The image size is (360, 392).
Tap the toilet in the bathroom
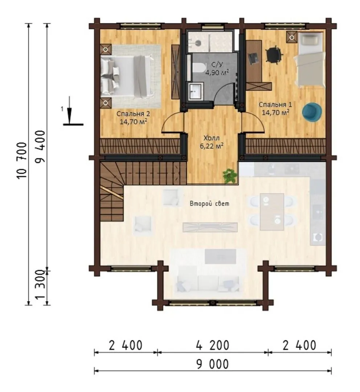[199, 68]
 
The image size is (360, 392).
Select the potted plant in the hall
[230, 176]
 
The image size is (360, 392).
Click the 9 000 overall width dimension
[213, 364]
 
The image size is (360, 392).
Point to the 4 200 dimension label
[213, 345]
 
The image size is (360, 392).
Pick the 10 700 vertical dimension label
[22, 160]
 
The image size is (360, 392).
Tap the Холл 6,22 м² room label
[212, 142]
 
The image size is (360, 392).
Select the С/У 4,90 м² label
[217, 69]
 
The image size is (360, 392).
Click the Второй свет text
[209, 204]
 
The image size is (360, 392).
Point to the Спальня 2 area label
[133, 118]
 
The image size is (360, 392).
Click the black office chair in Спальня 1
[274, 54]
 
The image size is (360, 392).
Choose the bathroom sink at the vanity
[195, 91]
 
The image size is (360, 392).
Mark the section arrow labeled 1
[70, 110]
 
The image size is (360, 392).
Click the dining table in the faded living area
[272, 212]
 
